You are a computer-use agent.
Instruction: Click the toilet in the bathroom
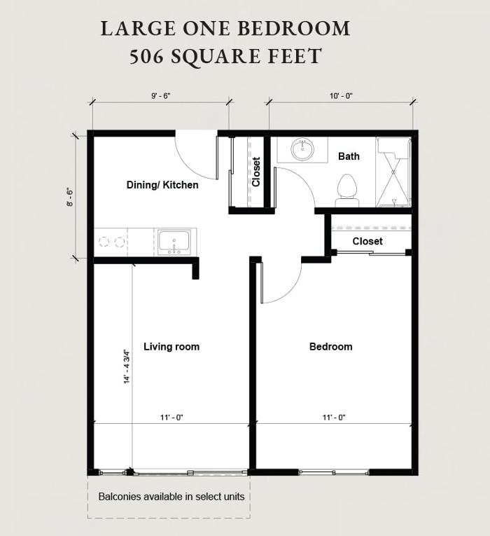tap(347, 191)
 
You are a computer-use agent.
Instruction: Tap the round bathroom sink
tap(302, 149)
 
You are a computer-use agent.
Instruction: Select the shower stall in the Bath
tap(393, 172)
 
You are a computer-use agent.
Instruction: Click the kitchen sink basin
tap(174, 240)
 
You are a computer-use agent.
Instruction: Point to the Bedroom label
tap(330, 347)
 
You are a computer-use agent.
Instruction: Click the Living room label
tap(171, 347)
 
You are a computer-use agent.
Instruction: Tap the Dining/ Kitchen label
tap(162, 185)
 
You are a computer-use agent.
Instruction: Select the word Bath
tap(349, 156)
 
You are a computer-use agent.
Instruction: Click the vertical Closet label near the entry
tap(256, 172)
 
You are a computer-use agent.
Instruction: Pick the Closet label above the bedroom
tap(367, 241)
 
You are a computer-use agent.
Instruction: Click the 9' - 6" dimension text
tap(160, 96)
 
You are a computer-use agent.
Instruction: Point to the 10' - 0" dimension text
tap(341, 96)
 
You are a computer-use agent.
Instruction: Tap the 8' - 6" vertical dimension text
tap(70, 197)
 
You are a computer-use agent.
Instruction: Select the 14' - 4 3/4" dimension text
tap(127, 366)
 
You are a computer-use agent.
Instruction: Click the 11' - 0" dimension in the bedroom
tap(334, 418)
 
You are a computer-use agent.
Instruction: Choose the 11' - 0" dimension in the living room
tap(171, 418)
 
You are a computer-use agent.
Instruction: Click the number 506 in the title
tap(146, 57)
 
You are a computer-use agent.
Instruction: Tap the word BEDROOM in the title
tap(294, 28)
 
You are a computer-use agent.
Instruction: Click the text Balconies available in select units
tap(171, 496)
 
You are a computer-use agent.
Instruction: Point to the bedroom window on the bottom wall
tap(334, 472)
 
